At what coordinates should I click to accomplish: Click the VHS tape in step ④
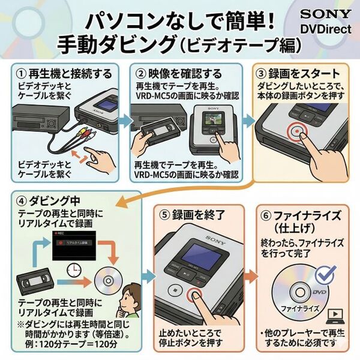pyautogui.click(x=34, y=283)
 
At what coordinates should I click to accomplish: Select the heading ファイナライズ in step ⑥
pyautogui.click(x=307, y=213)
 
